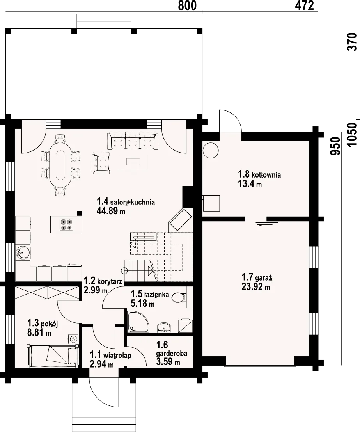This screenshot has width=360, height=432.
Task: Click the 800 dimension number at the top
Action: pos(187,5)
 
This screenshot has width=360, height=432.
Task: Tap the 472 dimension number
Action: pos(304,5)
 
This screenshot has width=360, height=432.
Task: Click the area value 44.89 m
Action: pos(111,211)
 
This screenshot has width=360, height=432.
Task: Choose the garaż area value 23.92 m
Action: pos(255,287)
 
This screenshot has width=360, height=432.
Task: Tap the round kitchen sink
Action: pos(22,252)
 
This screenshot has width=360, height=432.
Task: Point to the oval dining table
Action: pos(60,165)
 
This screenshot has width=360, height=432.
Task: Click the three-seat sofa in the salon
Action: pos(133,141)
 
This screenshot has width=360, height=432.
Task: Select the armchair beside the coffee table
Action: pos(101,163)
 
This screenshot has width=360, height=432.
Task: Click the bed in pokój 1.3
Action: pos(52,356)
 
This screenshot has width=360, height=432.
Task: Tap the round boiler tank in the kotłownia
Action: pos(211,150)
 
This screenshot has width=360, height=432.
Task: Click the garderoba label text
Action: pos(171,353)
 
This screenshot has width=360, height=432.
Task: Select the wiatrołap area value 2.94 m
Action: pos(102,364)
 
